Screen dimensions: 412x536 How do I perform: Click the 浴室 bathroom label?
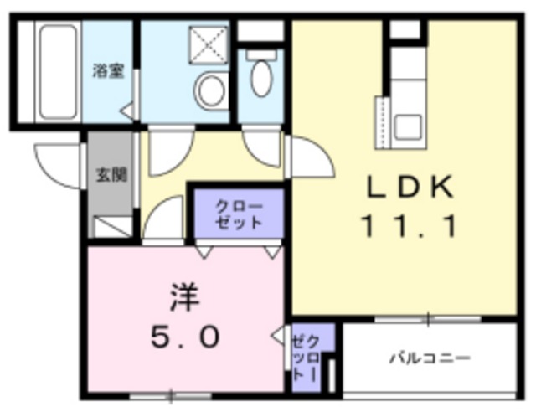click(108, 71)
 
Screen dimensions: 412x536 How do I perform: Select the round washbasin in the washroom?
click(210, 89)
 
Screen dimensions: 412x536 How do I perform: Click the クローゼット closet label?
click(239, 215)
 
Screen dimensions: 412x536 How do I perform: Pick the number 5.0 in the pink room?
click(186, 337)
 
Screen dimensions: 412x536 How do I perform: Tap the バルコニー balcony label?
click(429, 359)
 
